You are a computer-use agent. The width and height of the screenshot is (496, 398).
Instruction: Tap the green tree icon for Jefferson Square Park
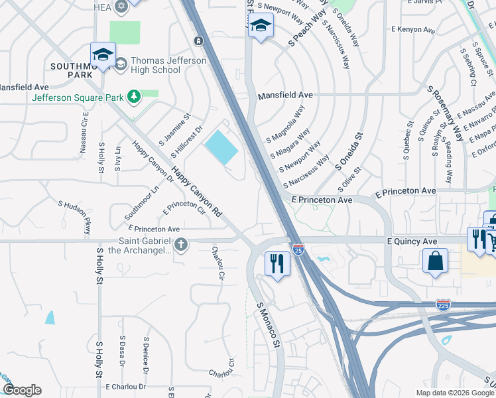[x=134, y=98]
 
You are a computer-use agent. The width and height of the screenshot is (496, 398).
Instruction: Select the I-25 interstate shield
[x=298, y=249]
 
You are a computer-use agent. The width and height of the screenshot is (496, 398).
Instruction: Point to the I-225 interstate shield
[x=444, y=305]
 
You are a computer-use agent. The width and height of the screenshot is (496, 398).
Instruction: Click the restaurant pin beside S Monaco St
[x=277, y=263]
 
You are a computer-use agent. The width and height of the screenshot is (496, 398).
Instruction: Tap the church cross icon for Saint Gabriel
[x=181, y=246]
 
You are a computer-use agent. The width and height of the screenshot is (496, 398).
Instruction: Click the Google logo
[x=22, y=390]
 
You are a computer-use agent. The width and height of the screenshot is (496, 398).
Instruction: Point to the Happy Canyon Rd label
[x=196, y=193]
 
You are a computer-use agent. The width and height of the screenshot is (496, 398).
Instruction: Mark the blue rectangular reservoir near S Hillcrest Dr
[x=221, y=147]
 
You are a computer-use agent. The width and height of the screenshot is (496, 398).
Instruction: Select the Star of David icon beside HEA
[x=121, y=7]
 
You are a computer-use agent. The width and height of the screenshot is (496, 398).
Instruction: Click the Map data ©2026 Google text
[x=454, y=393]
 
